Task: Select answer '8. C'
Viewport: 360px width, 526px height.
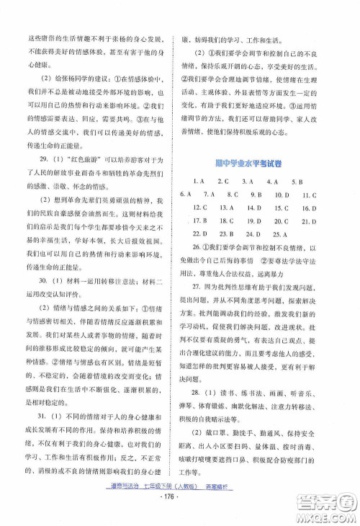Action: (x=232, y=195)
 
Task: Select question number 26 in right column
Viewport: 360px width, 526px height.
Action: (x=193, y=248)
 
